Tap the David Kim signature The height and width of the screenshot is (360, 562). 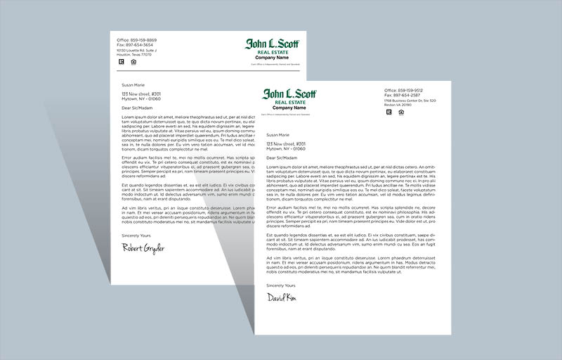281,298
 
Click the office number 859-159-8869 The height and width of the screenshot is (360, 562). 137,40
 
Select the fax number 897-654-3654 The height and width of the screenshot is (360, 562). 135,45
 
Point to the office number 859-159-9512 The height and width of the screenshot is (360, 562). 403,91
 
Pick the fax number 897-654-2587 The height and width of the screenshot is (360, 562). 403,96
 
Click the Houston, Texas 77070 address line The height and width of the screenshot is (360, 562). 134,54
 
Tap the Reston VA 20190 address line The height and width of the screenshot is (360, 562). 398,105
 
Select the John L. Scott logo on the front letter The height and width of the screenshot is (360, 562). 290,94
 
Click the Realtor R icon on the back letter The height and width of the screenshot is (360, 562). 120,62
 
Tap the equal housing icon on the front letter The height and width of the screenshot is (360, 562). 400,112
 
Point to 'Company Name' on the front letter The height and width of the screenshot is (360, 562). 290,108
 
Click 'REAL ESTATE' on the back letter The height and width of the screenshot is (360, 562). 271,53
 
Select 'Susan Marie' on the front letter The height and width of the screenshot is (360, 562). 278,134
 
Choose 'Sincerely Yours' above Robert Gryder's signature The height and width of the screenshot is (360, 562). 136,235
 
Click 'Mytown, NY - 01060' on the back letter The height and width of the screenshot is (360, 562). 140,98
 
